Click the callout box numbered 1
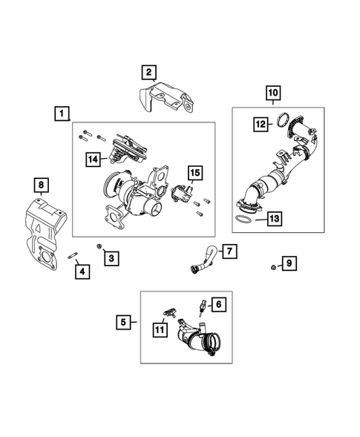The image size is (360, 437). (x=62, y=114)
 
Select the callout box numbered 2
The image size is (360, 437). (x=148, y=73)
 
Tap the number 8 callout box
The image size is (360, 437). (x=41, y=185)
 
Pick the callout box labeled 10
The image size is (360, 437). (x=273, y=93)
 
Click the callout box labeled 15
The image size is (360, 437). (x=195, y=173)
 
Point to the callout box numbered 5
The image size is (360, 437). (x=123, y=322)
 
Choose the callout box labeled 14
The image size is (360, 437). (x=93, y=160)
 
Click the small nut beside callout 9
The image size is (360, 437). (x=274, y=267)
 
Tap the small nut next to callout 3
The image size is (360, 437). (x=99, y=246)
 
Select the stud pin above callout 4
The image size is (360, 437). (x=73, y=255)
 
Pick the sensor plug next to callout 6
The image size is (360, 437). (x=203, y=307)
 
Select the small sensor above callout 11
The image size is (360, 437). (x=170, y=312)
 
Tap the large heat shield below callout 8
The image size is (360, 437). (x=45, y=233)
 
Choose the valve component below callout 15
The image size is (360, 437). (x=182, y=193)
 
